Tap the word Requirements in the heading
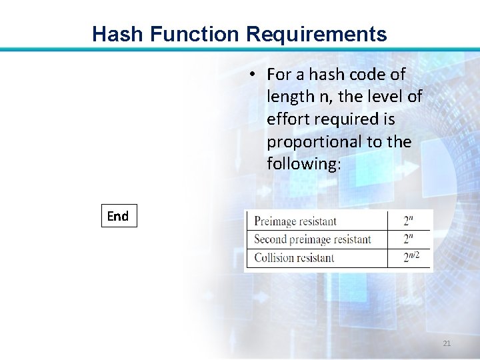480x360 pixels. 313,34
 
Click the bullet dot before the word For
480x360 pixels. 255,74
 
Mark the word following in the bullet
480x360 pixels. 303,164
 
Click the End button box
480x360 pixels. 119,216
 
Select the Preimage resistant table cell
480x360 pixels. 295,221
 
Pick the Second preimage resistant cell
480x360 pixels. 313,239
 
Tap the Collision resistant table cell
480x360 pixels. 294,257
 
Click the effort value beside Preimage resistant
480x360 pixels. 408,221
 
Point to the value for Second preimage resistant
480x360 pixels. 408,239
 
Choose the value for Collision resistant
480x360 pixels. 410,257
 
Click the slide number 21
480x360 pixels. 447,343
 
